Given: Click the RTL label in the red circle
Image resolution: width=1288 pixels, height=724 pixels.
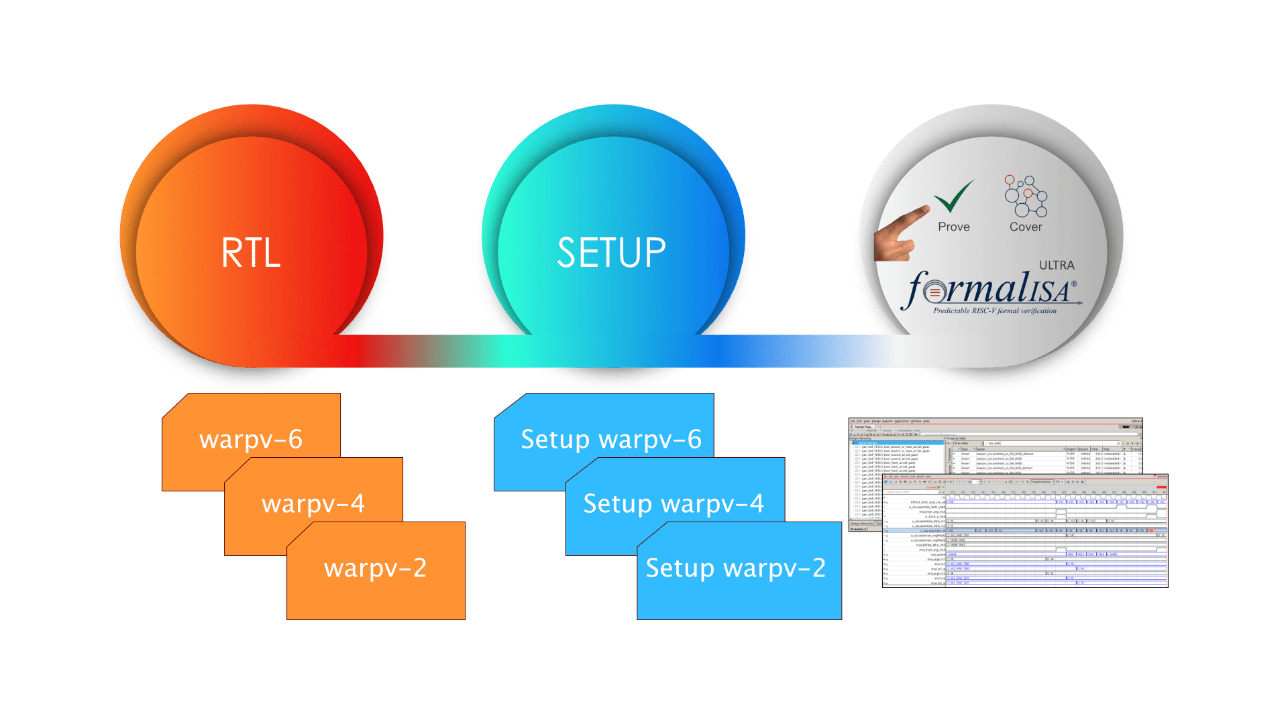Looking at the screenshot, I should [251, 253].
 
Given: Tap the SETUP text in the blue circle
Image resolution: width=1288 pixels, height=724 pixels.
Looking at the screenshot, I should [611, 253].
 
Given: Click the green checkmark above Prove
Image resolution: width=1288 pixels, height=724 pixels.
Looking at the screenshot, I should [954, 196].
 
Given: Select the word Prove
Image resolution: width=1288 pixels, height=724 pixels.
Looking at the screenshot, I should [954, 227].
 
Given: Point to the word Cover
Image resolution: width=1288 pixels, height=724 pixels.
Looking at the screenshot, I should [1026, 227].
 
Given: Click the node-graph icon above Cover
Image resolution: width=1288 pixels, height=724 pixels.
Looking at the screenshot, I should [1025, 196].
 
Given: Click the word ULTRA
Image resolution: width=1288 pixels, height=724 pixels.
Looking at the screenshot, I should [1057, 265].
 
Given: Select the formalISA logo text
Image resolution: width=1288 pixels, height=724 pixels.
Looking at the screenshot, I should [989, 289].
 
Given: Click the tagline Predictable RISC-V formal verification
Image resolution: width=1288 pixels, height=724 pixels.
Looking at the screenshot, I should [995, 311].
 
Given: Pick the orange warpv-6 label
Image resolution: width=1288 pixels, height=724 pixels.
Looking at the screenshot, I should [251, 440].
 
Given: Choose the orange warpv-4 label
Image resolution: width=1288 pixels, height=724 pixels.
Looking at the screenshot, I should [313, 504].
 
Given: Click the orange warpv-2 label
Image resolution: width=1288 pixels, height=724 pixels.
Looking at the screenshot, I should [376, 568].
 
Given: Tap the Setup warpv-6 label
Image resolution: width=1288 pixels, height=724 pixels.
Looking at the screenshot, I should [611, 440].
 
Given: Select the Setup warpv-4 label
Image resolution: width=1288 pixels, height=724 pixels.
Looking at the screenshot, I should [674, 504].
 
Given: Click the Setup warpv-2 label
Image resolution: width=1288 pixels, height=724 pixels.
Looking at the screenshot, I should [736, 568].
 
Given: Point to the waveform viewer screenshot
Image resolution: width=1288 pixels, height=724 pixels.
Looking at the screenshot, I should [1024, 533].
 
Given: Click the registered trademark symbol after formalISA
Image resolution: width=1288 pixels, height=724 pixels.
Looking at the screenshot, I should [1074, 284].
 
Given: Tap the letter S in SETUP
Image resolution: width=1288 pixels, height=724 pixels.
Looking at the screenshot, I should [568, 253].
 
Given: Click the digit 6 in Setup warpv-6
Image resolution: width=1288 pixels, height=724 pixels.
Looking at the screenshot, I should [694, 440].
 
